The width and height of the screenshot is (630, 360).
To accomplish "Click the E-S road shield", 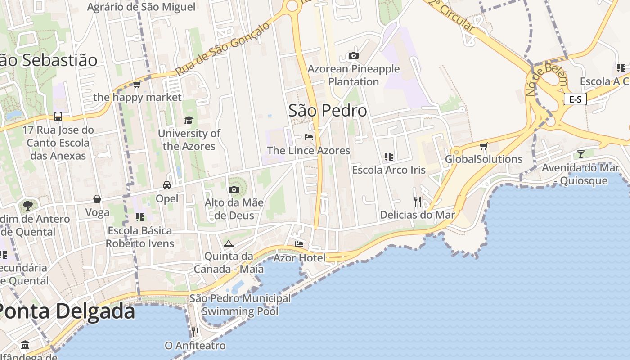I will pyautogui.click(x=575, y=99).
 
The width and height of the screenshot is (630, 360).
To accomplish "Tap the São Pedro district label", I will pyautogui.click(x=328, y=111).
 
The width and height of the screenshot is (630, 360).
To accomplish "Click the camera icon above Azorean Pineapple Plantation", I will pyautogui.click(x=354, y=55).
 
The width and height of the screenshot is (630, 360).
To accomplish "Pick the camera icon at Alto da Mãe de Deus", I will pyautogui.click(x=234, y=189).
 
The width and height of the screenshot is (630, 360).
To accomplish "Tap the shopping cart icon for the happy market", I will pyautogui.click(x=137, y=84).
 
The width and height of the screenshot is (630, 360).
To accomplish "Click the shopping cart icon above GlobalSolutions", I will pyautogui.click(x=484, y=146).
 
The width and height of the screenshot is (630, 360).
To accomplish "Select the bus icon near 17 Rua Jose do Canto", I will pyautogui.click(x=58, y=117).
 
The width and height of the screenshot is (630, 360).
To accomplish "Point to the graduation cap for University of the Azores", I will pyautogui.click(x=189, y=120).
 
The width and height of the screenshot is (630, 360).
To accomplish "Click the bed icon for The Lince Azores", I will pyautogui.click(x=309, y=137).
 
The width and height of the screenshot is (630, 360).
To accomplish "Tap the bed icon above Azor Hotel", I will pyautogui.click(x=299, y=244).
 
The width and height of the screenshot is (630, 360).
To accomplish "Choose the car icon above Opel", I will pyautogui.click(x=167, y=185).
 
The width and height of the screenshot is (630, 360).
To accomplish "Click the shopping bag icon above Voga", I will pyautogui.click(x=97, y=199).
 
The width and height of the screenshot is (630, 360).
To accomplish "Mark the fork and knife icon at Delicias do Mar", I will pyautogui.click(x=418, y=201).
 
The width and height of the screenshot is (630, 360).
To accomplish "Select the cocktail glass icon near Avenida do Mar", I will pyautogui.click(x=581, y=154).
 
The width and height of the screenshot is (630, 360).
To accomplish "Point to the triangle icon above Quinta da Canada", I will pyautogui.click(x=228, y=243).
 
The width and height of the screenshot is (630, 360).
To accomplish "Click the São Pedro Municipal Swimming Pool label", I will pyautogui.click(x=240, y=305).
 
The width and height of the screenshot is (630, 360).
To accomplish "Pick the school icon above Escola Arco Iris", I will pyautogui.click(x=389, y=157).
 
